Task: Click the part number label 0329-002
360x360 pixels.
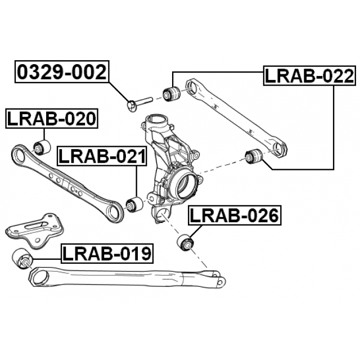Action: (62, 72)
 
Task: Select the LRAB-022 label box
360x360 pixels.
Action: (309, 76)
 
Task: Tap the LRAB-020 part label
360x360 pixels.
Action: (52, 119)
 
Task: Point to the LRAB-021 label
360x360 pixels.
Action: (102, 156)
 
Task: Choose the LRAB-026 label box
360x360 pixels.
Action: (235, 215)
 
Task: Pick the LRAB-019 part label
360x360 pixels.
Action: (107, 254)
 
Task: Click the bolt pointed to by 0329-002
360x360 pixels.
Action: (139, 103)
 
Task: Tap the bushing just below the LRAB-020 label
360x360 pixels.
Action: (42, 147)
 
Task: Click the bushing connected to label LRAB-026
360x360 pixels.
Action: (186, 242)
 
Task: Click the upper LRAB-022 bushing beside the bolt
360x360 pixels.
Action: (171, 93)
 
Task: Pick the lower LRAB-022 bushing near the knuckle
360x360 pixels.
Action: (254, 156)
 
